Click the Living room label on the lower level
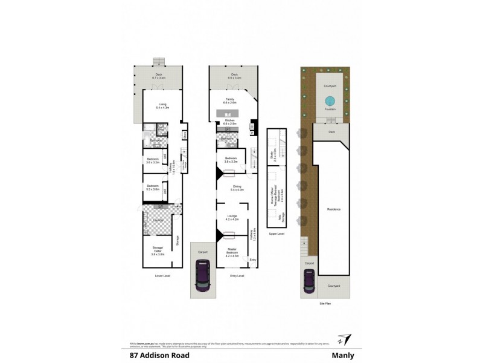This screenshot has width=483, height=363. point(162,105)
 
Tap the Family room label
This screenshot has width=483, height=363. point(229,100)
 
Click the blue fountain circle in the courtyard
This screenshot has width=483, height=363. point(329,100)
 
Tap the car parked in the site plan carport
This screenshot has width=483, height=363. point(309,280)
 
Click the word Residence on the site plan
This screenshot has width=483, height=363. point(334,209)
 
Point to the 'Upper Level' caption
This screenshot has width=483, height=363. point(277,233)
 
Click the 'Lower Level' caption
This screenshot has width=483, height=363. point(162,275)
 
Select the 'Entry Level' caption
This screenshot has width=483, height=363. point(237,275)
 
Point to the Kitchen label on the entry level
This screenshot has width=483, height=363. point(229,121)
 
